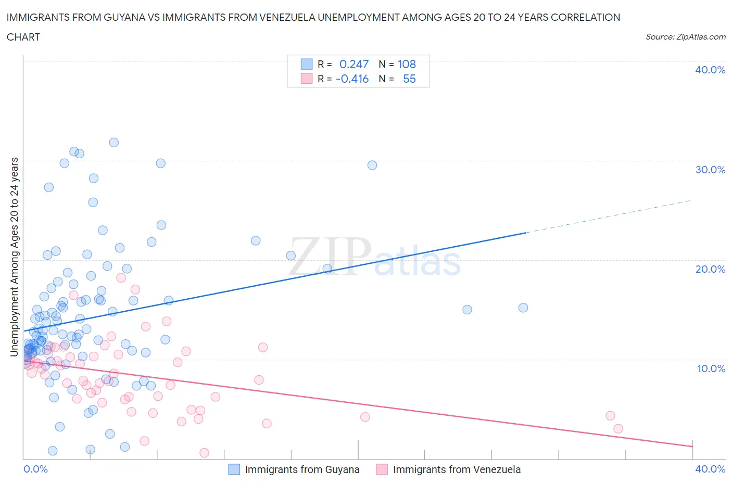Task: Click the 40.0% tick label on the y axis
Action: (710, 70)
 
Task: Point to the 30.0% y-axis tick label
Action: (710, 170)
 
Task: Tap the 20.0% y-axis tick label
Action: (710, 269)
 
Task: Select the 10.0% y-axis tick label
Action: (710, 368)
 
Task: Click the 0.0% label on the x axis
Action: (35, 469)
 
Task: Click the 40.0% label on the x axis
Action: (710, 469)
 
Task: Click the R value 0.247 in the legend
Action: (354, 64)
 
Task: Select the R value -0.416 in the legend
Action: (352, 79)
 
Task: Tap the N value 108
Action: (407, 64)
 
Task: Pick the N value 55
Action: (409, 79)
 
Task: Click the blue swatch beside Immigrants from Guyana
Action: (234, 469)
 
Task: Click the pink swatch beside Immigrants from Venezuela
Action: (382, 469)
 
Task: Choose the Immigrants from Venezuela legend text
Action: (457, 469)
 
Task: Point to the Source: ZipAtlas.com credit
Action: (685, 36)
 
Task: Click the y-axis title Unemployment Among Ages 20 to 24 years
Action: (15, 257)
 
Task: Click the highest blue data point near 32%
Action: (113, 143)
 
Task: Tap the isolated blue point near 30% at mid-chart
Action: (372, 165)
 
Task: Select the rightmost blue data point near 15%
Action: (523, 308)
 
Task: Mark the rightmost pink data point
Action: (618, 429)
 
